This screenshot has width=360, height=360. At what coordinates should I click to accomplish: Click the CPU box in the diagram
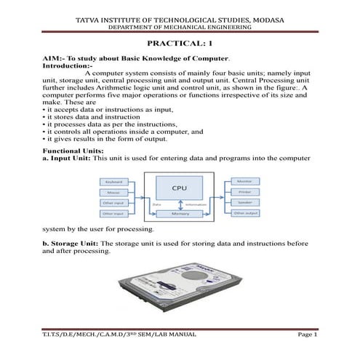click(179, 188)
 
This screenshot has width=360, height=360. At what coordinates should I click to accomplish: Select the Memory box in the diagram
click(179, 215)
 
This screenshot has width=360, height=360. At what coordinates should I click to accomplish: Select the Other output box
click(244, 213)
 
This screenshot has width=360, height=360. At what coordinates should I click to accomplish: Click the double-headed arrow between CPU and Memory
click(179, 204)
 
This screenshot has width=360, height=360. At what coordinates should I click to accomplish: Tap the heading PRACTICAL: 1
click(180, 44)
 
